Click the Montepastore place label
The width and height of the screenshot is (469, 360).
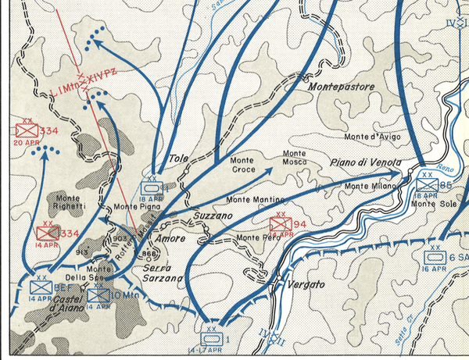click(x=342, y=87)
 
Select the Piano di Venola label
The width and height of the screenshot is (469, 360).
click(x=366, y=162)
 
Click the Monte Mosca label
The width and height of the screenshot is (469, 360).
click(x=294, y=159)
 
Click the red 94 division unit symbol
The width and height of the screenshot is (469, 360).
click(x=280, y=224)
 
